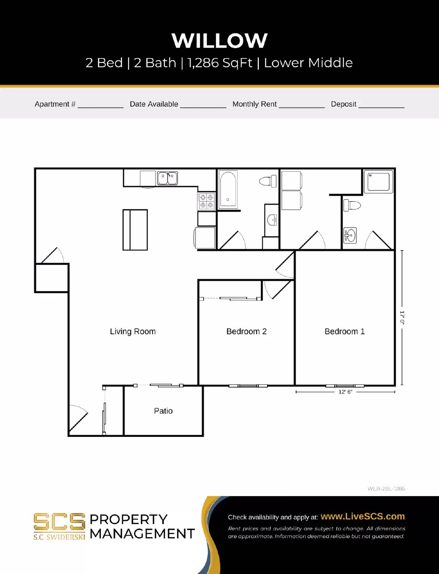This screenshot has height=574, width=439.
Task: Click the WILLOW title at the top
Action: pos(219,41)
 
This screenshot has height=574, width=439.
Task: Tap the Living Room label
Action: pos(133,331)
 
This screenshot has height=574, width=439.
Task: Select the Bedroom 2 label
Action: pos(246,331)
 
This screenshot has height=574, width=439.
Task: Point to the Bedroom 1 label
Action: pos(345,331)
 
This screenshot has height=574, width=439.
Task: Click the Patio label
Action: pos(163,411)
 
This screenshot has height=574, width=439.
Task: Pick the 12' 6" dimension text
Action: pos(345,392)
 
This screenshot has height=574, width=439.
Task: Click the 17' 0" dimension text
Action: pos(402,318)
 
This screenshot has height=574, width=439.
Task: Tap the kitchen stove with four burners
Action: pos(206,201)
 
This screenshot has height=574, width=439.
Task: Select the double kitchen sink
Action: pos(168,178)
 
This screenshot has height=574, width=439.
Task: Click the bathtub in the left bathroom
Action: pos(228,189)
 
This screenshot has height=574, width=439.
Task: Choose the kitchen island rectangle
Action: pos(135,230)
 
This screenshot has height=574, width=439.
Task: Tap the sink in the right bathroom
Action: pos(350,235)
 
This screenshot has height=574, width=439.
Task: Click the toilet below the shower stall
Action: pos(352,206)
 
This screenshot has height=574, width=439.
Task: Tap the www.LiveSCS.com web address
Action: pos(363,516)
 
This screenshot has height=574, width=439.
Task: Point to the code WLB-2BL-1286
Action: pos(386,489)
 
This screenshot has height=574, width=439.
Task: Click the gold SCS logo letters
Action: pos(59,522)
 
